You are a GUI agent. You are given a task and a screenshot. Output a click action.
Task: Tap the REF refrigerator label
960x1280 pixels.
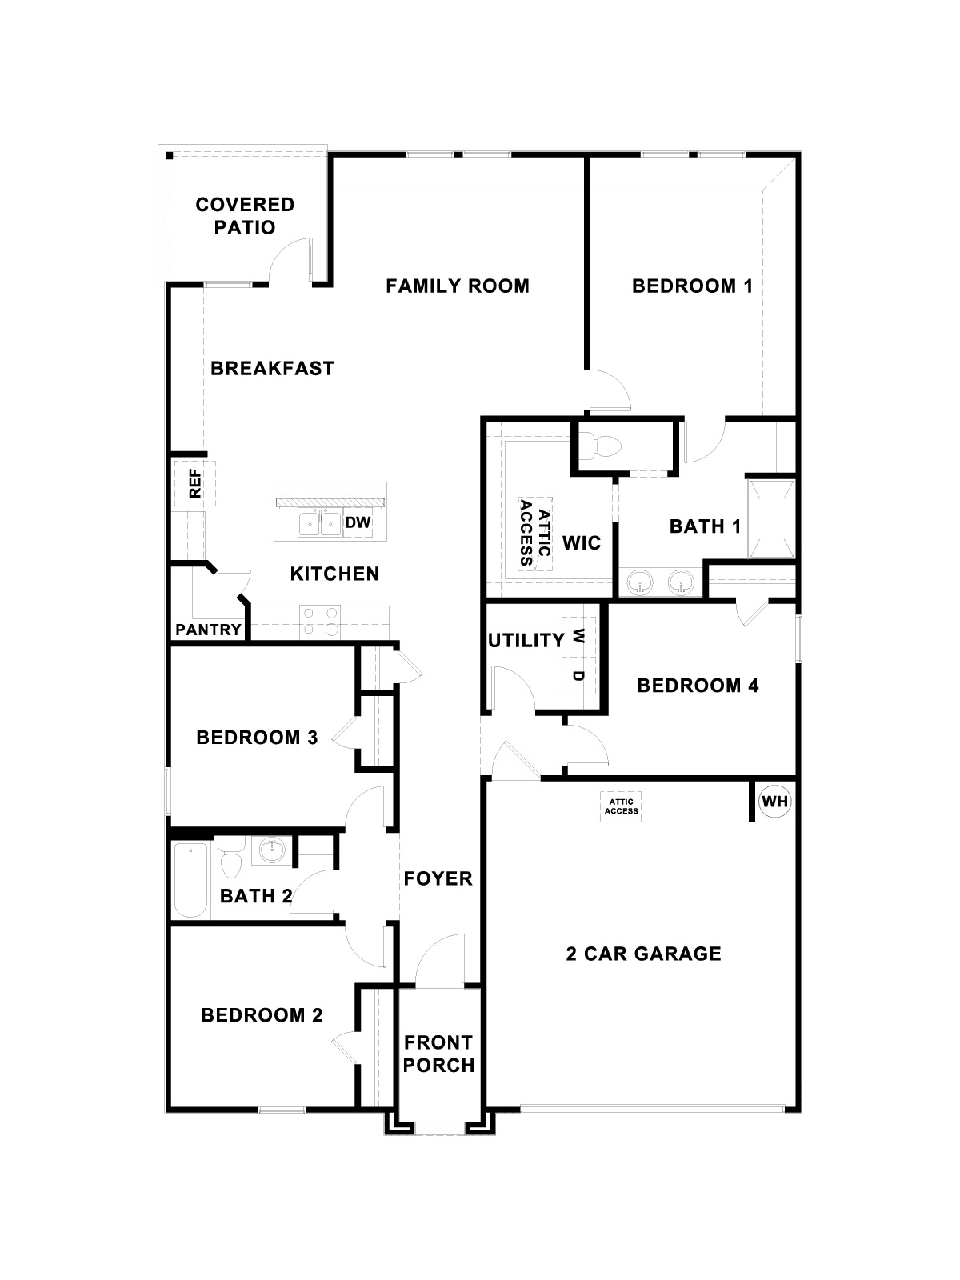click(x=194, y=483)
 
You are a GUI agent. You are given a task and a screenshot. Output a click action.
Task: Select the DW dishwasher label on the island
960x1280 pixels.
click(x=358, y=522)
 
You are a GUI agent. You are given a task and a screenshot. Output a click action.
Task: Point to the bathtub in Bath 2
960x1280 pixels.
click(x=191, y=879)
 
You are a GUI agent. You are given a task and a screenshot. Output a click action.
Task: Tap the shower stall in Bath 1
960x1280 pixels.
click(x=771, y=518)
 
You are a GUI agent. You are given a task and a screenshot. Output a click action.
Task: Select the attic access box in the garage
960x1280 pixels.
click(x=621, y=806)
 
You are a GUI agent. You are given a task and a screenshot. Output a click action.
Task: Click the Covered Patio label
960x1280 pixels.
click(x=245, y=216)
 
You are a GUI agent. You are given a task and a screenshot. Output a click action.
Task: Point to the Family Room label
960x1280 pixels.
click(x=458, y=286)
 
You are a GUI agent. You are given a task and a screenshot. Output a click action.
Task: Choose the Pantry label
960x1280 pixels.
click(x=208, y=630)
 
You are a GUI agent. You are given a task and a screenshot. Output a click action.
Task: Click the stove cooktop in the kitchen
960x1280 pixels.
click(x=320, y=622)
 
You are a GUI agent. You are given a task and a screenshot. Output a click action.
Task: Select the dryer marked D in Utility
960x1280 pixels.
click(x=578, y=675)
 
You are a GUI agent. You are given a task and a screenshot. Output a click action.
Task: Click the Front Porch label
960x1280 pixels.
click(x=438, y=1054)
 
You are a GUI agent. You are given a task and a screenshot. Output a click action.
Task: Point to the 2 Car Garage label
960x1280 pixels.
click(x=643, y=954)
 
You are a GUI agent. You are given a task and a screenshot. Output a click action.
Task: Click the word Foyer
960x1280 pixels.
click(x=438, y=878)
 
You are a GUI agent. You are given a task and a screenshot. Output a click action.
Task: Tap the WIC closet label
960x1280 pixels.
click(x=582, y=543)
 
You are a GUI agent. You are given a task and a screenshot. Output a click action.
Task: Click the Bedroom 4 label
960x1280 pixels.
click(x=698, y=685)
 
